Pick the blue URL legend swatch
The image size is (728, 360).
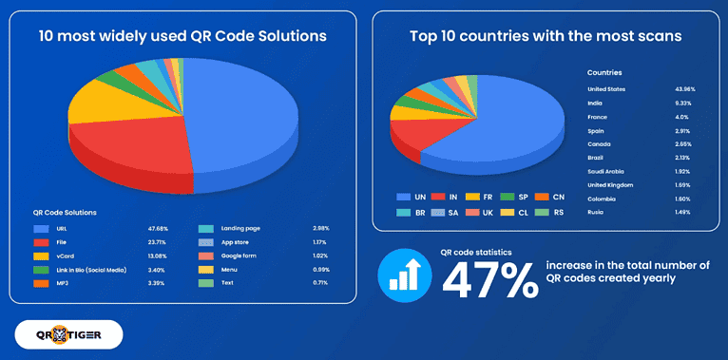pos(42,229)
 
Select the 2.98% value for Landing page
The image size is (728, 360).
pos(322,229)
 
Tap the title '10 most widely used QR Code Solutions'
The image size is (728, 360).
pos(182,36)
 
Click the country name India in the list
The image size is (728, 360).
pos(596,103)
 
